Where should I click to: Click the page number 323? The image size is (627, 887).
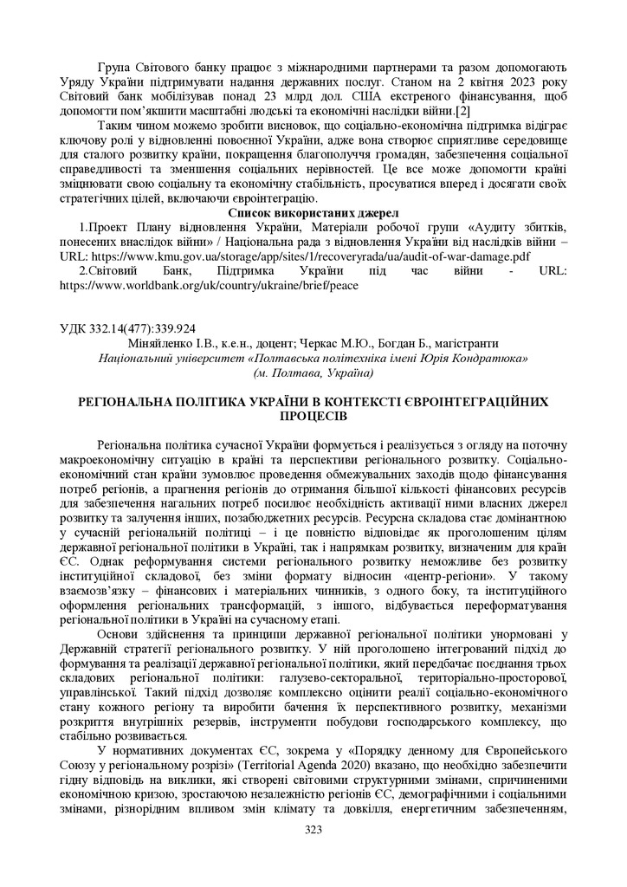click(313, 829)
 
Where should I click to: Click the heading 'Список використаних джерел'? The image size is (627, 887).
click(313, 212)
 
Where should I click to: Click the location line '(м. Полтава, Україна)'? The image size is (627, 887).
click(313, 372)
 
